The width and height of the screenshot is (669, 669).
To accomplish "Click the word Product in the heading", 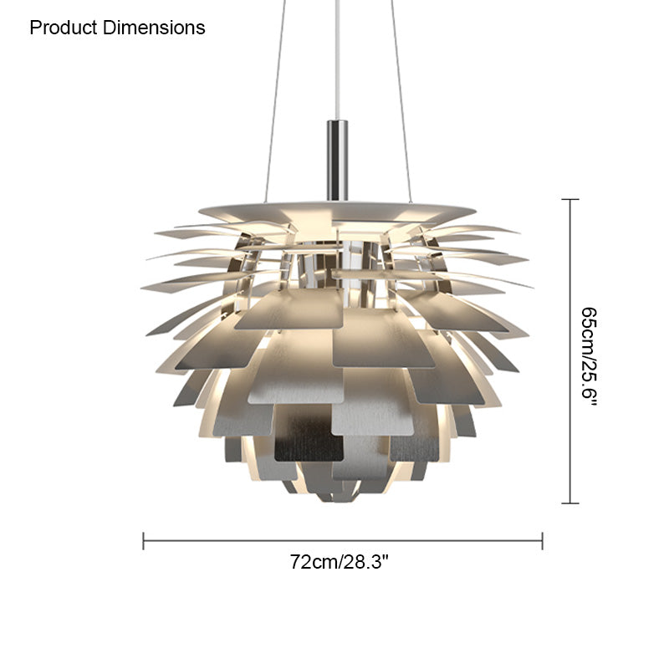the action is pyautogui.click(x=64, y=28).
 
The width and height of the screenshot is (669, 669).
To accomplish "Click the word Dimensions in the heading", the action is pyautogui.click(x=154, y=28).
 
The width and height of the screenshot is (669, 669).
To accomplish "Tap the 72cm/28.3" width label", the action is pyautogui.click(x=340, y=562).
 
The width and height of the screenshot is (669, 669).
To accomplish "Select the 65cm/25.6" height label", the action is pyautogui.click(x=589, y=357).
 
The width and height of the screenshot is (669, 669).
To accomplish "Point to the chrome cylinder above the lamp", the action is pyautogui.click(x=338, y=161).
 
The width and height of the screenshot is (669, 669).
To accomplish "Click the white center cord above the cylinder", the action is pyautogui.click(x=338, y=59).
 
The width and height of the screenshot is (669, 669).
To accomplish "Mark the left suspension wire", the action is pyautogui.click(x=275, y=101).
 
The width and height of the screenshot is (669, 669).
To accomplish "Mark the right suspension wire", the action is pyautogui.click(x=401, y=101).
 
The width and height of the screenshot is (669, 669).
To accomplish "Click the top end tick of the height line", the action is pyautogui.click(x=570, y=199).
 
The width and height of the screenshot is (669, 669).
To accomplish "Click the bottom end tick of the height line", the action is pyautogui.click(x=570, y=503).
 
